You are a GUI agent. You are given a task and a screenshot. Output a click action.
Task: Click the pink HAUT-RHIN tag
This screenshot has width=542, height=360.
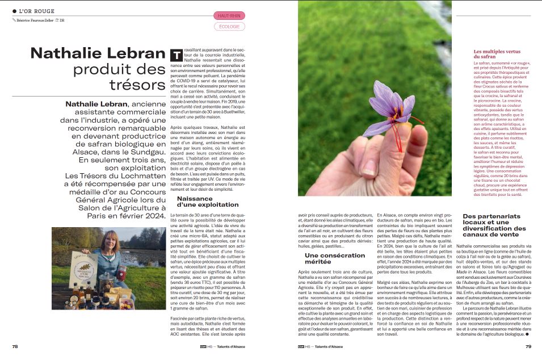229,15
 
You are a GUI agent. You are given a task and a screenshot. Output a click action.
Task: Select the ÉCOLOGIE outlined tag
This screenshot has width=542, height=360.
229,26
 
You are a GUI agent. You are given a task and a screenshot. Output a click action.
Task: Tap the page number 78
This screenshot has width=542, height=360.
16,346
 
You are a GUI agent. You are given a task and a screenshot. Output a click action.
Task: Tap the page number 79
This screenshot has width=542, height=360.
528,346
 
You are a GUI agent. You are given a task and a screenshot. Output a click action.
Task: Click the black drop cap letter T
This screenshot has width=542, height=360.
176,55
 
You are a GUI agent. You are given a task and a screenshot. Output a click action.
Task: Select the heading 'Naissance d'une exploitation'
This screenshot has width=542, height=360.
208,202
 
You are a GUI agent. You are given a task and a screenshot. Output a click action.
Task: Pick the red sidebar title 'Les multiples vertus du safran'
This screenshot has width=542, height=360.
496,55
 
